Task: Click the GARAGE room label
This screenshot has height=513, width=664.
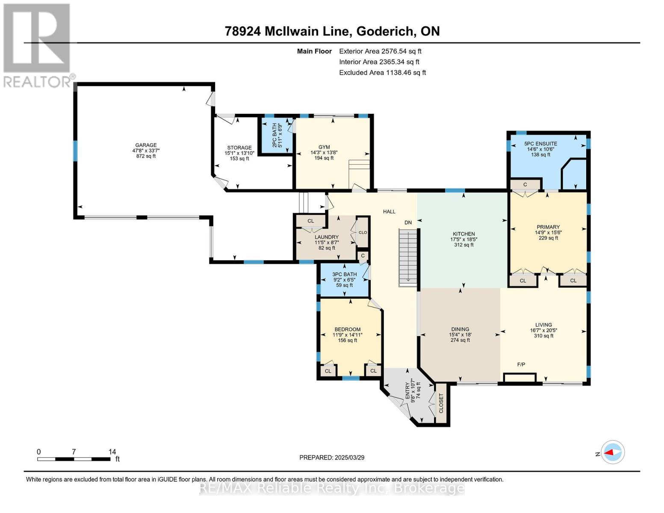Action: (x=146, y=145)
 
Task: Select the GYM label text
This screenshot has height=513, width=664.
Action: (x=324, y=147)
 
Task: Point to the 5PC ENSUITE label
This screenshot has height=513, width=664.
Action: (x=540, y=144)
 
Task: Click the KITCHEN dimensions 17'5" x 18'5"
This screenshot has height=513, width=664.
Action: (x=464, y=239)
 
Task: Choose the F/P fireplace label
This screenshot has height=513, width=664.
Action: (x=521, y=364)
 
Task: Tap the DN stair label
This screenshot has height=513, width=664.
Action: (x=408, y=222)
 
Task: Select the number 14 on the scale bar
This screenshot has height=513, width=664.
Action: (x=112, y=451)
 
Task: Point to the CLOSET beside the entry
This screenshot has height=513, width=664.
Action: (x=441, y=403)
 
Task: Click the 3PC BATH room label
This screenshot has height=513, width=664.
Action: (x=344, y=274)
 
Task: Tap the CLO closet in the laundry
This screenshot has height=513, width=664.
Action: (x=363, y=233)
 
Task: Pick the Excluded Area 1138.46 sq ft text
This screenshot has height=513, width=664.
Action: (x=383, y=72)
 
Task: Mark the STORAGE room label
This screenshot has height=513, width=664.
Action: (x=239, y=147)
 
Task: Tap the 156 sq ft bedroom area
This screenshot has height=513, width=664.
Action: (x=348, y=340)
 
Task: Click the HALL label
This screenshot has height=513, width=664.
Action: (x=390, y=212)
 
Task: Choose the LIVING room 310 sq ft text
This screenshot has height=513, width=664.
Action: (x=543, y=336)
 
